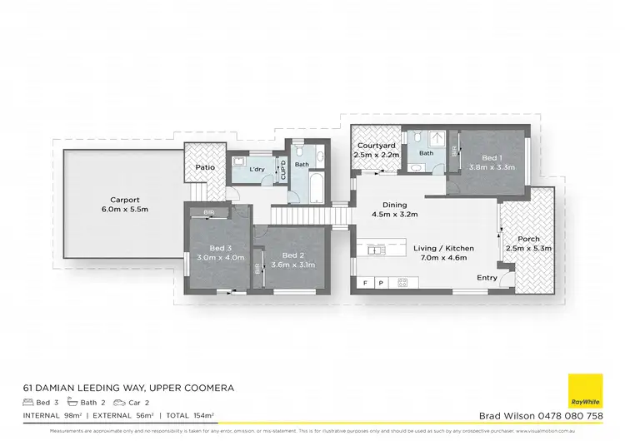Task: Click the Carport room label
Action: click(x=123, y=199)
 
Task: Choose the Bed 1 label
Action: click(x=492, y=157)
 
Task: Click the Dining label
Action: click(x=395, y=205)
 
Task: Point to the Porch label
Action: click(x=528, y=239)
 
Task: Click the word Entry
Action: click(x=487, y=278)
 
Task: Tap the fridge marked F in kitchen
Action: click(x=364, y=283)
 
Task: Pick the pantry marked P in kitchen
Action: click(x=381, y=283)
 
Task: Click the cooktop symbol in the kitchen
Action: click(x=401, y=283)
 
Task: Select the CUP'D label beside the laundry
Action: click(x=283, y=170)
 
